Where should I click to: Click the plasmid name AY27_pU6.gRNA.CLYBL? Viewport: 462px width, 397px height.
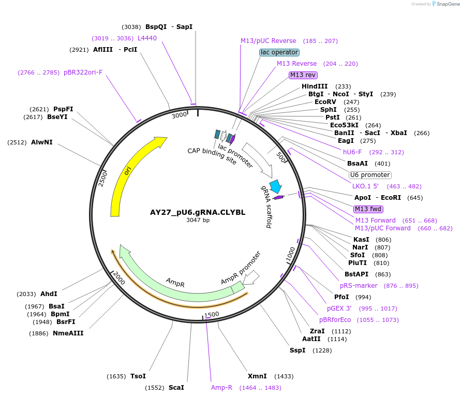[x=198, y=212]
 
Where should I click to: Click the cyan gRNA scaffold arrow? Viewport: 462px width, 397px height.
[x=276, y=186]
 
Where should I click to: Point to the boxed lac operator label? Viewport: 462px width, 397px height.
[x=279, y=52]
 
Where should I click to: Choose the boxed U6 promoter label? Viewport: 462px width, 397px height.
[x=370, y=175]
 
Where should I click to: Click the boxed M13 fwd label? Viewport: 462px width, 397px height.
[x=368, y=209]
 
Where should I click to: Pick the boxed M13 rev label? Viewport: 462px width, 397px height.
[x=303, y=75]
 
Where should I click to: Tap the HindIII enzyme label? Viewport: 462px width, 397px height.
[x=315, y=86]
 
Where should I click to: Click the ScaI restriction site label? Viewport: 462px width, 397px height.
[x=176, y=387]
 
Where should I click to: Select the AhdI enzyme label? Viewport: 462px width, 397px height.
[x=49, y=294]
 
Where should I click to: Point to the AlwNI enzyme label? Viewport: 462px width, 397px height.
[x=41, y=142]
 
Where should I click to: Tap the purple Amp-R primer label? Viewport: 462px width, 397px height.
[x=221, y=387]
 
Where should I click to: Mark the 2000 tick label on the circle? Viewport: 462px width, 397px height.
[x=119, y=277]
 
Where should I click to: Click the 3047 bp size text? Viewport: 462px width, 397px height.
[x=198, y=220]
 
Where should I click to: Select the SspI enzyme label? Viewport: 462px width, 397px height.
[x=297, y=350]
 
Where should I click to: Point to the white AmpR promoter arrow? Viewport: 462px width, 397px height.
[x=251, y=277]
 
